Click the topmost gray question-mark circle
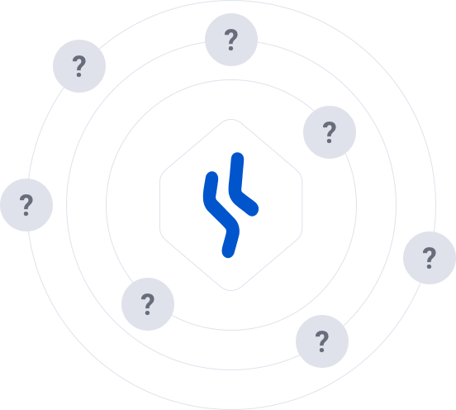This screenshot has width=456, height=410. pyautogui.click(x=231, y=40)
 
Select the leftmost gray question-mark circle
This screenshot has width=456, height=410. pyautogui.click(x=26, y=205)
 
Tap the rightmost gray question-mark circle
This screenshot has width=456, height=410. pyautogui.click(x=430, y=258)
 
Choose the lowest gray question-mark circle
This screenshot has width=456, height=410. pyautogui.click(x=322, y=341)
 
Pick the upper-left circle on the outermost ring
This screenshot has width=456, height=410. pyautogui.click(x=79, y=66)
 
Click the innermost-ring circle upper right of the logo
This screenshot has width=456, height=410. pyautogui.click(x=330, y=132)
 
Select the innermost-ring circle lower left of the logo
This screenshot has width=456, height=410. pyautogui.click(x=148, y=304)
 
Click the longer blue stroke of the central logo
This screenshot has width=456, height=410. pyautogui.click(x=221, y=215)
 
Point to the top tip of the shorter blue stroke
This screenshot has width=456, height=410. pyautogui.click(x=238, y=157)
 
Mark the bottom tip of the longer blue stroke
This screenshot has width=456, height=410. pyautogui.click(x=228, y=252)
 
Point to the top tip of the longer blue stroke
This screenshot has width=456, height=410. pyautogui.click(x=212, y=177)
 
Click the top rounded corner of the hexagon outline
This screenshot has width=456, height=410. pyautogui.click(x=231, y=119)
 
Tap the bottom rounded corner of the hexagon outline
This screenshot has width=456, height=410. pyautogui.click(x=231, y=290)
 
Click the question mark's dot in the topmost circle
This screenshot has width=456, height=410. pyautogui.click(x=231, y=48)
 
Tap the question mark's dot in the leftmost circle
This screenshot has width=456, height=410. pyautogui.click(x=26, y=214)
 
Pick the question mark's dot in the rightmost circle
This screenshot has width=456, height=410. pyautogui.click(x=429, y=267)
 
